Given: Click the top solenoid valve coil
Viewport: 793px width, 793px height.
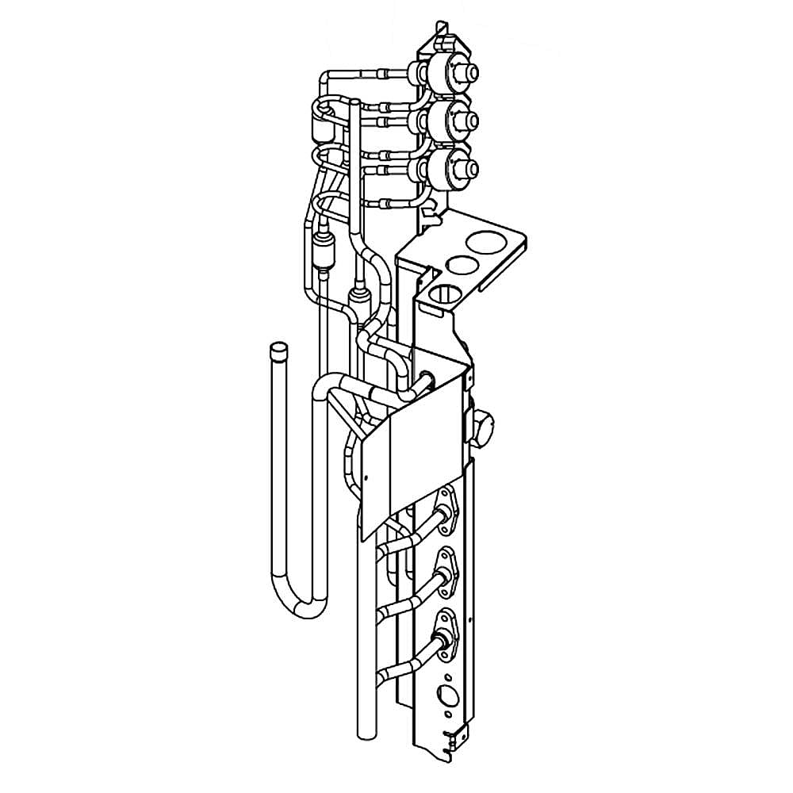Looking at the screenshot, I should (449, 73).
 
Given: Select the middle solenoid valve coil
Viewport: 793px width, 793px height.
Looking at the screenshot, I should (449, 119).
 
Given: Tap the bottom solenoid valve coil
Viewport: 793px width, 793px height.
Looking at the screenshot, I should (449, 167).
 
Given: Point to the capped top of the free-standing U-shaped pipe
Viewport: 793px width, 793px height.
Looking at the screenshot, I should (278, 350).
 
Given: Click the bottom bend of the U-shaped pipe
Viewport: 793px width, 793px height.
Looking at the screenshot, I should (305, 606).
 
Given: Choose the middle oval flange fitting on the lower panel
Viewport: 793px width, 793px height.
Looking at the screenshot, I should (444, 567).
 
